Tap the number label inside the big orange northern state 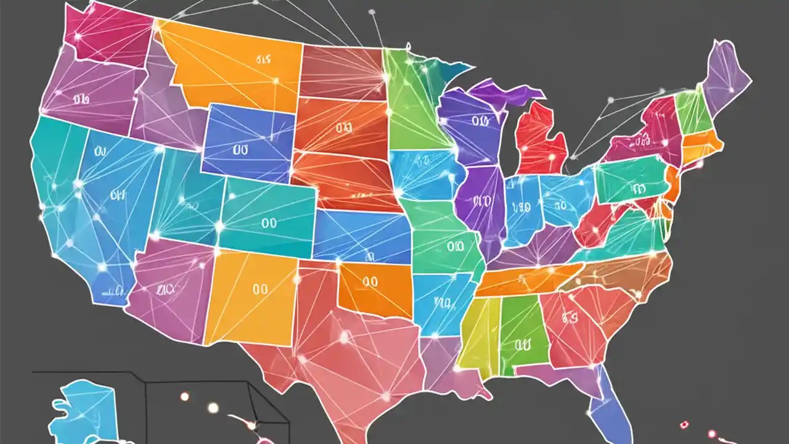pos(264,60)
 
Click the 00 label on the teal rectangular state pos(269,223)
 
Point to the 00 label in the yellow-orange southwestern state pos(260,288)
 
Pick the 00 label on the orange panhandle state pos(370,282)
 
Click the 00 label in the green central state pos(455,247)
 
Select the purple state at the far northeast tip pos(727,74)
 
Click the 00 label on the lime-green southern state pos(522,343)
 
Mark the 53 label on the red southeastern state pos(570,318)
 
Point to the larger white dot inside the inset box pos(213,408)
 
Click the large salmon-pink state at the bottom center pos(351,351)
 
